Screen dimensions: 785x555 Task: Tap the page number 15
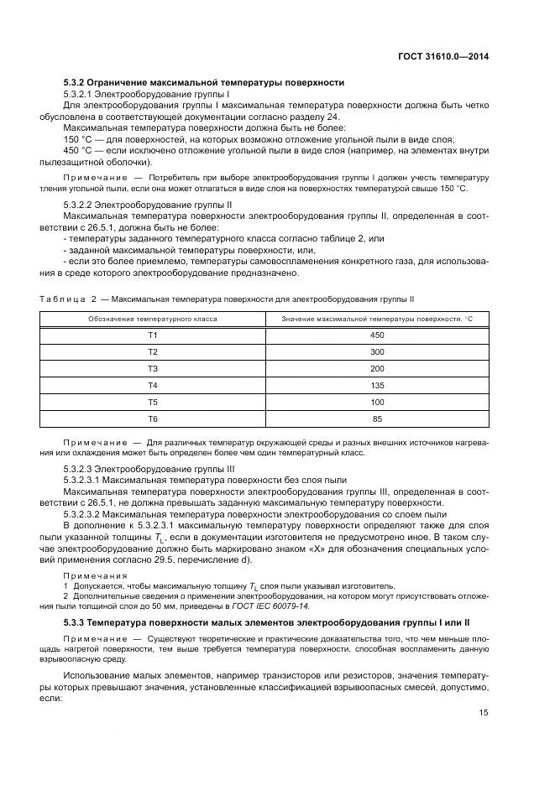[484, 713]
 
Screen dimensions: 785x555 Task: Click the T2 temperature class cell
[153, 352]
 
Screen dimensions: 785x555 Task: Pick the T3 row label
[153, 369]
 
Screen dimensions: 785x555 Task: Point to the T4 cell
[153, 386]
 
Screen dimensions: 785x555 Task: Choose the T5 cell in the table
[153, 403]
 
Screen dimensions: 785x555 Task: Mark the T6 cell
[153, 418]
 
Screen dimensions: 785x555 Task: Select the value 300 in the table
[377, 352]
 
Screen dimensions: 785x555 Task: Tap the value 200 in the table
[377, 369]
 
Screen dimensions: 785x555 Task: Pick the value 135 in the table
[377, 386]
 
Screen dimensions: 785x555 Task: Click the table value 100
[377, 403]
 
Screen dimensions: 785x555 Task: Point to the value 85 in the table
[377, 418]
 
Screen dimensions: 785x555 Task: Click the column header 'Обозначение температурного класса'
[153, 320]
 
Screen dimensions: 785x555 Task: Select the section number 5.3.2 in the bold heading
[77, 82]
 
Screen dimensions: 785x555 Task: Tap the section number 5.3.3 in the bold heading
[77, 623]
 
